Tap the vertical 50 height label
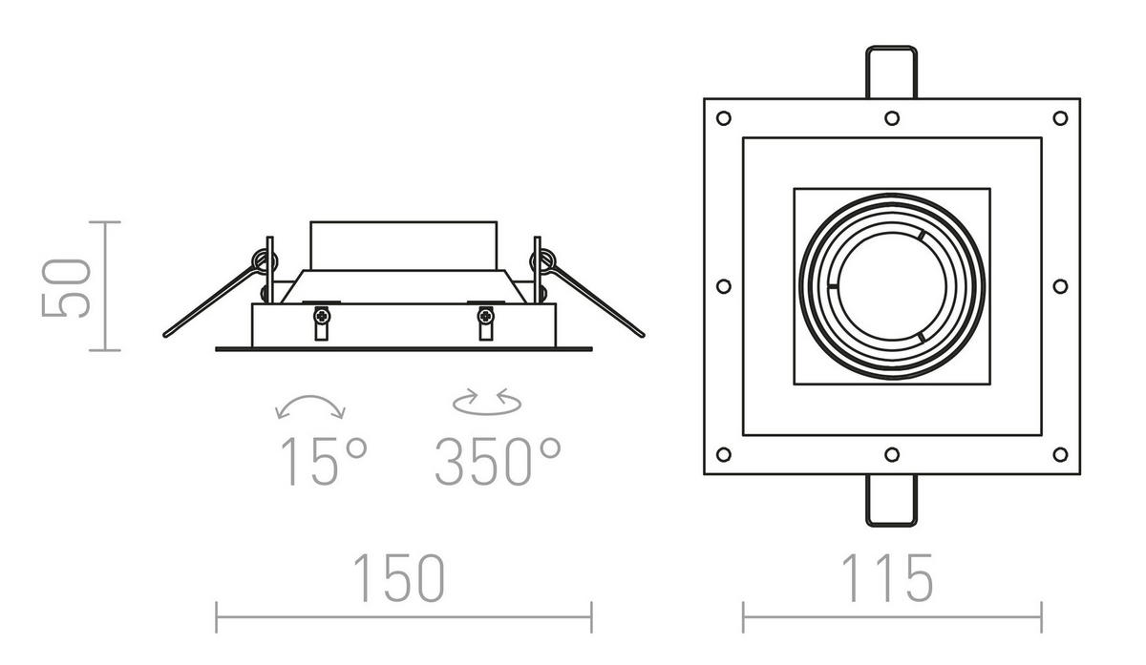click(x=69, y=286)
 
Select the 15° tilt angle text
click(x=322, y=461)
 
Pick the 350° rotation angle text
click(x=498, y=461)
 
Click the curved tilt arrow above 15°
click(x=310, y=405)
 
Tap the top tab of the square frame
click(x=891, y=72)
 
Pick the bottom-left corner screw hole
click(x=723, y=454)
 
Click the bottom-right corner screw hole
click(x=1059, y=454)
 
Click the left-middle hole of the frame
click(x=723, y=285)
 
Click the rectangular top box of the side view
click(x=403, y=246)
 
